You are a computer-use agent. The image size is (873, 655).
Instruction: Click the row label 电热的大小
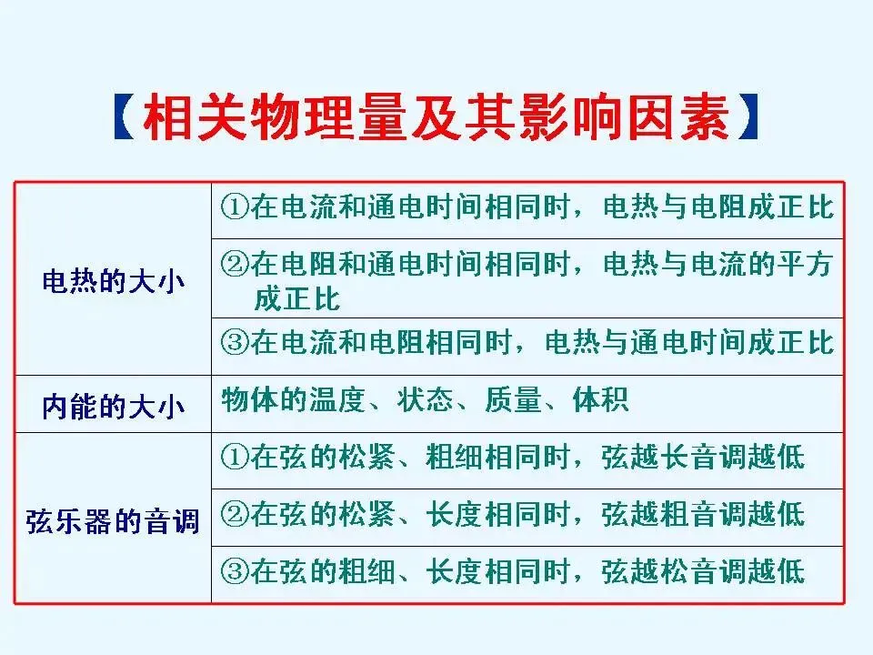[x=113, y=281]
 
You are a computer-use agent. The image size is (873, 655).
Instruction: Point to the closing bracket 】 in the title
[x=748, y=118]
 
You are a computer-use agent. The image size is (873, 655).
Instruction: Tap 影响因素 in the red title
[x=625, y=118]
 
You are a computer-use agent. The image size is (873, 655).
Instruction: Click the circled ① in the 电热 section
[x=235, y=207]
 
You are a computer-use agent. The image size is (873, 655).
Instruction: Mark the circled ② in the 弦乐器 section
[x=235, y=515]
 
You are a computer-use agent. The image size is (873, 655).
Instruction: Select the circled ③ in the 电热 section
[x=235, y=343]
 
